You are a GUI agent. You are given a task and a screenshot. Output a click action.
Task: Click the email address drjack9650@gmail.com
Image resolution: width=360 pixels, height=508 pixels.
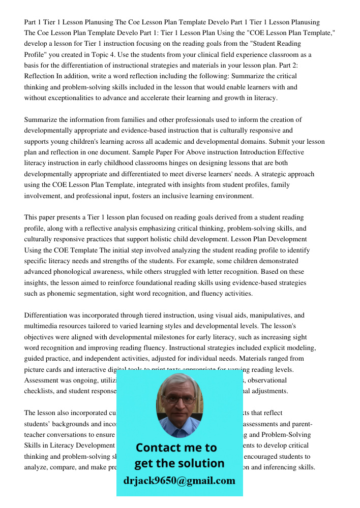point(179,481)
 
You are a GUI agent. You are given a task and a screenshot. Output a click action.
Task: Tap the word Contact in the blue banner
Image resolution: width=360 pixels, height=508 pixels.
point(158,448)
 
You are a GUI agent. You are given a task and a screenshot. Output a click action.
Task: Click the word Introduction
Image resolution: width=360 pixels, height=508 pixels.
point(259,152)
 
